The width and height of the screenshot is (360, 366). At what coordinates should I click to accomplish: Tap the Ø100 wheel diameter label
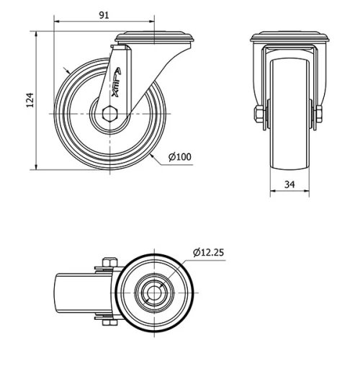179,156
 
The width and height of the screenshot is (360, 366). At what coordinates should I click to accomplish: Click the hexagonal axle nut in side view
109,113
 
